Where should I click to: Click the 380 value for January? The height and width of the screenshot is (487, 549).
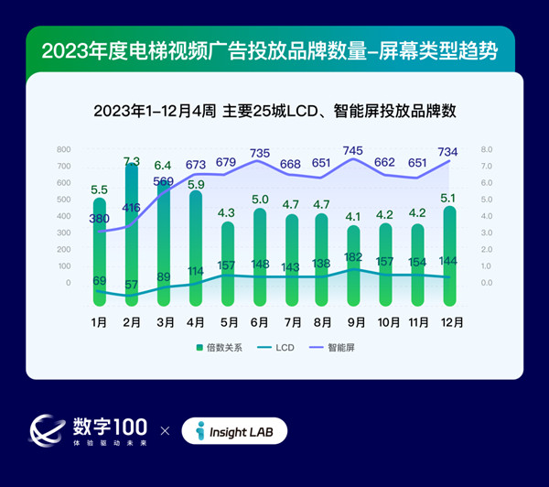tap(100, 219)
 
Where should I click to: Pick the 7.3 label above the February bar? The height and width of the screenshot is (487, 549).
tap(132, 161)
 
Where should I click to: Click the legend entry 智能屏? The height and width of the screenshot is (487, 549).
tap(339, 348)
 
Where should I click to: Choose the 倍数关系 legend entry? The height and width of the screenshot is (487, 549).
tap(218, 348)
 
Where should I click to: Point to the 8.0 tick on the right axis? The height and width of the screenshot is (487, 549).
tap(487, 149)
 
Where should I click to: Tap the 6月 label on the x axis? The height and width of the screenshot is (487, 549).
tap(260, 322)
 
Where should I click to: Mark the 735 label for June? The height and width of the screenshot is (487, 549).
tap(260, 153)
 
